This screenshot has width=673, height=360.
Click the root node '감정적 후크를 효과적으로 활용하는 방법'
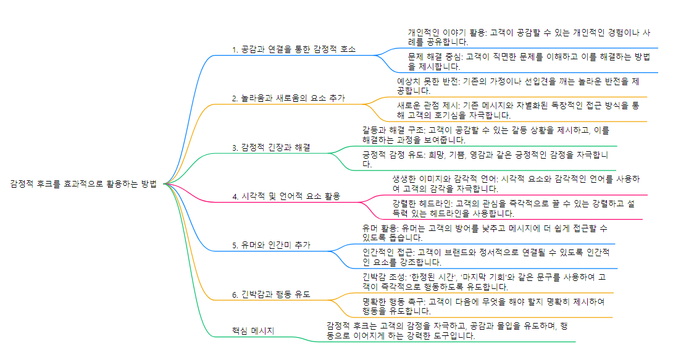click(83, 183)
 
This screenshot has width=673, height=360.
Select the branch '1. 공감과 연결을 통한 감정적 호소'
click(293, 49)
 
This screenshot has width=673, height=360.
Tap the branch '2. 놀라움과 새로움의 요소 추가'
click(288, 98)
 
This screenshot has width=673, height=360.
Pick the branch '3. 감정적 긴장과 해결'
click(271, 148)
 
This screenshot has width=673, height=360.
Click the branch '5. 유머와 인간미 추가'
click(271, 245)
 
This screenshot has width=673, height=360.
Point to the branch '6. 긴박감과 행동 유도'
click(271, 295)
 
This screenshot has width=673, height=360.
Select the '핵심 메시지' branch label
click(253, 331)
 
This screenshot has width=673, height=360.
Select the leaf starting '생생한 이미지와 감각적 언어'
click(512, 183)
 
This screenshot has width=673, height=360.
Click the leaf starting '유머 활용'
click(485, 232)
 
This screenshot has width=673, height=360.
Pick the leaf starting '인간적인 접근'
click(485, 257)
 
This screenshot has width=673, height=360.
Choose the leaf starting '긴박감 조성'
click(485, 282)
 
